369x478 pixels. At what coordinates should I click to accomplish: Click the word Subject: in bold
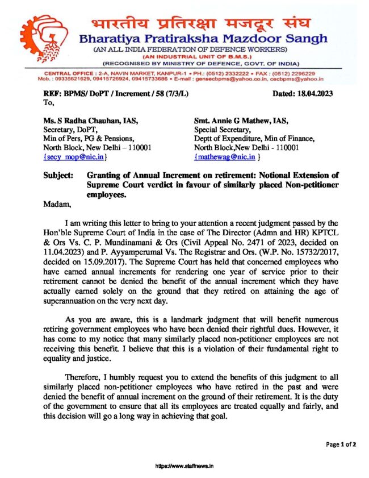(58, 174)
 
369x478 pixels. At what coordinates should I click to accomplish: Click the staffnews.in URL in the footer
(184, 466)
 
